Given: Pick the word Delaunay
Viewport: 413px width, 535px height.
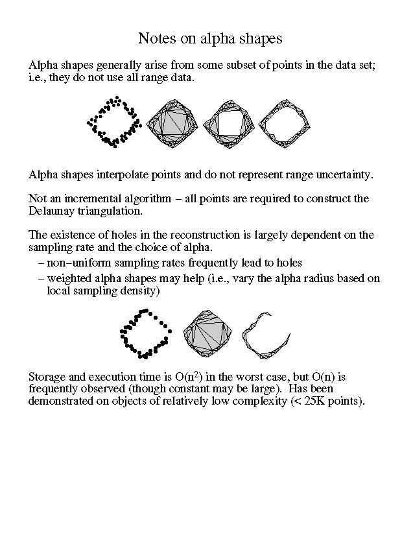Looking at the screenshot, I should pyautogui.click(x=53, y=211).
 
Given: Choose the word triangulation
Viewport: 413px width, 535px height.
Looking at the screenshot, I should pyautogui.click(x=107, y=211).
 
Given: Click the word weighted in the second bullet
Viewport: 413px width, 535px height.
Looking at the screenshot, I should pyautogui.click(x=69, y=279).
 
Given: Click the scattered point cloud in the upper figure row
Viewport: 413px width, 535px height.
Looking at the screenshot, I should pyautogui.click(x=113, y=121).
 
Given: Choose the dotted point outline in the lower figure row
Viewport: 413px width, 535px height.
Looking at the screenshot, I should pyautogui.click(x=145, y=333).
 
